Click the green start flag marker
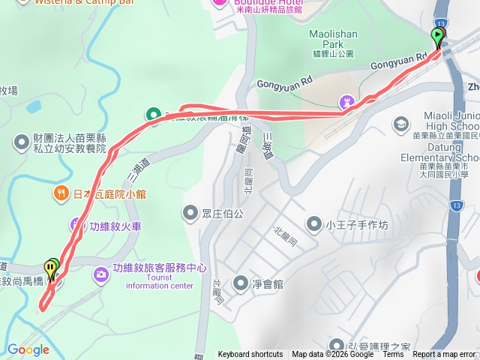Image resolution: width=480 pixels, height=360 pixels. point(437,35)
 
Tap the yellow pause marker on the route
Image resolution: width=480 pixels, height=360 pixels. point(50,268)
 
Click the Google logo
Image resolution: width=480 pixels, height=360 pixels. point(28,349)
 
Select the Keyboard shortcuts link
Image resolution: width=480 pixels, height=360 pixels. point(250,354)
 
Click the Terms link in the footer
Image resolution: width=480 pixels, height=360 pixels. point(393,354)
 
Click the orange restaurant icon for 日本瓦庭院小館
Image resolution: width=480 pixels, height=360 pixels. point(61,193)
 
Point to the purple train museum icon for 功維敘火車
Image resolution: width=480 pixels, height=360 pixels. point(76,223)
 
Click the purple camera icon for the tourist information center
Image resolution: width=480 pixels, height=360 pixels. point(100,275)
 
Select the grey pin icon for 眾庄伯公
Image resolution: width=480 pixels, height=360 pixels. point(188,213)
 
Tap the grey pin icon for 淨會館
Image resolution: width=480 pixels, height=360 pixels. point(240,283)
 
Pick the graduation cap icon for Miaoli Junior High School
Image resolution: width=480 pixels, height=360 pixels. point(402,122)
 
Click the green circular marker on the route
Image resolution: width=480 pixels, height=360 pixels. point(154,115)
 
